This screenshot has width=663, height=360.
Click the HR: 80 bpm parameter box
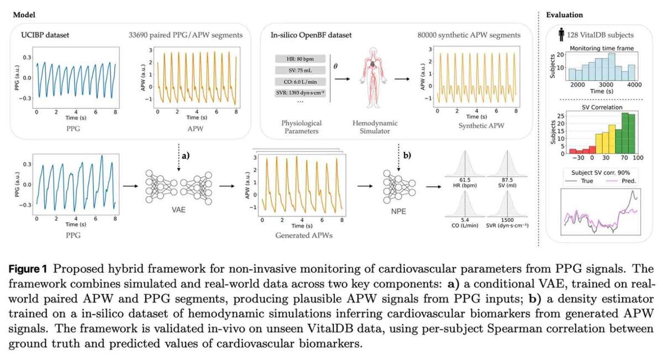tap(300, 59)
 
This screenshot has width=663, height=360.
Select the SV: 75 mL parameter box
tap(300, 71)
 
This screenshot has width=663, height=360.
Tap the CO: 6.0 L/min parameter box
tap(300, 82)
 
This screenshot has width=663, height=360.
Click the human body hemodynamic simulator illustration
tap(373, 78)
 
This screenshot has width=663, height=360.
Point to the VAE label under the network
tap(178, 210)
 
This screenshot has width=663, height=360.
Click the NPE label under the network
tap(398, 211)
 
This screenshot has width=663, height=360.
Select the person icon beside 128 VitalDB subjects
tap(561, 35)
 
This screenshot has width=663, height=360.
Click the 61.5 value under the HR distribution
tap(465, 180)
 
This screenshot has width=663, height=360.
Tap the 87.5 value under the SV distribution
tap(507, 180)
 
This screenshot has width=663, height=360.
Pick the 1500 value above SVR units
tap(507, 220)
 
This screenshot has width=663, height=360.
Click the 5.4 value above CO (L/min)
tap(465, 220)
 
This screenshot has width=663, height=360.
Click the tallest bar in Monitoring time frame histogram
tap(612, 67)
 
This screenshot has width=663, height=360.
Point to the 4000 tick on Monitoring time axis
tap(634, 84)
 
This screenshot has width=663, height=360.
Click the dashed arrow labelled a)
tap(178, 158)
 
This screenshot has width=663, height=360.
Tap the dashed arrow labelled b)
tap(398, 158)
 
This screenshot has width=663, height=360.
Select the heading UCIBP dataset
tap(45, 35)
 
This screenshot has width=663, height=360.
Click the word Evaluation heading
tap(564, 15)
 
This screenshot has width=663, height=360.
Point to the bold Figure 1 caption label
tap(28, 269)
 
